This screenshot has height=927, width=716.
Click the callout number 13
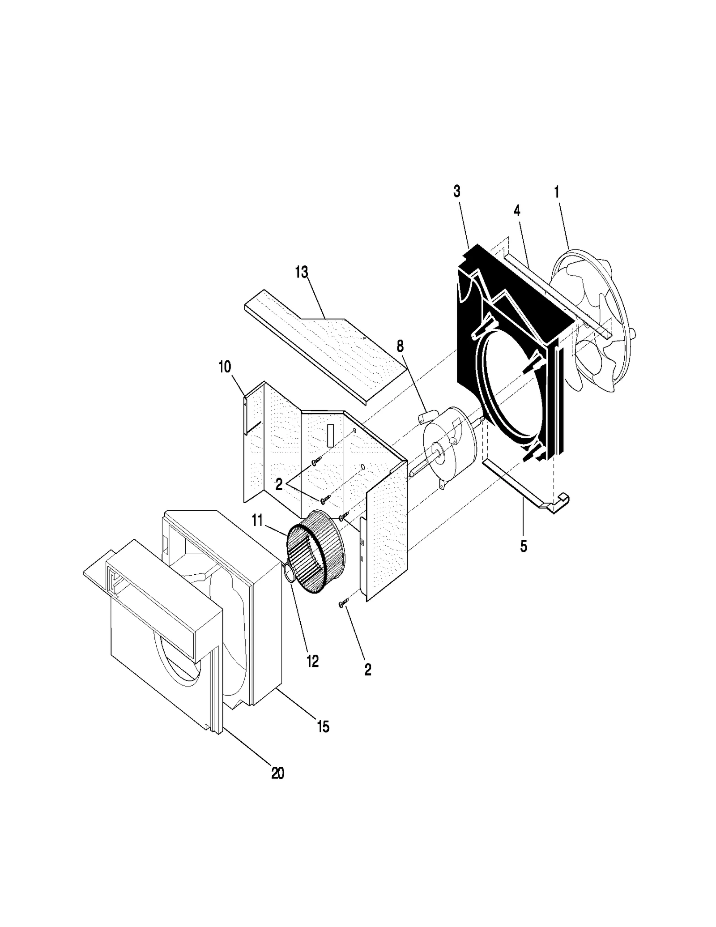click(x=302, y=272)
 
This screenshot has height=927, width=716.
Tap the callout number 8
click(x=400, y=346)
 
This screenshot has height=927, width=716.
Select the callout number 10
click(x=225, y=367)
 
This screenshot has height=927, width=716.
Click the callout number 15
click(x=323, y=727)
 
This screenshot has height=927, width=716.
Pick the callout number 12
click(x=312, y=661)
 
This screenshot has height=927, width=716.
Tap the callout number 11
click(x=257, y=520)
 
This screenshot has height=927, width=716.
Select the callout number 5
click(x=524, y=546)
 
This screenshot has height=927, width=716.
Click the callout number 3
click(x=456, y=191)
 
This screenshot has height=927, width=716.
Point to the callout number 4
click(x=517, y=210)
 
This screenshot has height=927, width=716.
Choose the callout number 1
click(x=557, y=192)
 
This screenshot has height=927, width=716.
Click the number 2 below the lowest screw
click(x=368, y=670)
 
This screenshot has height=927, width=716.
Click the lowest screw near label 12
click(x=343, y=605)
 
